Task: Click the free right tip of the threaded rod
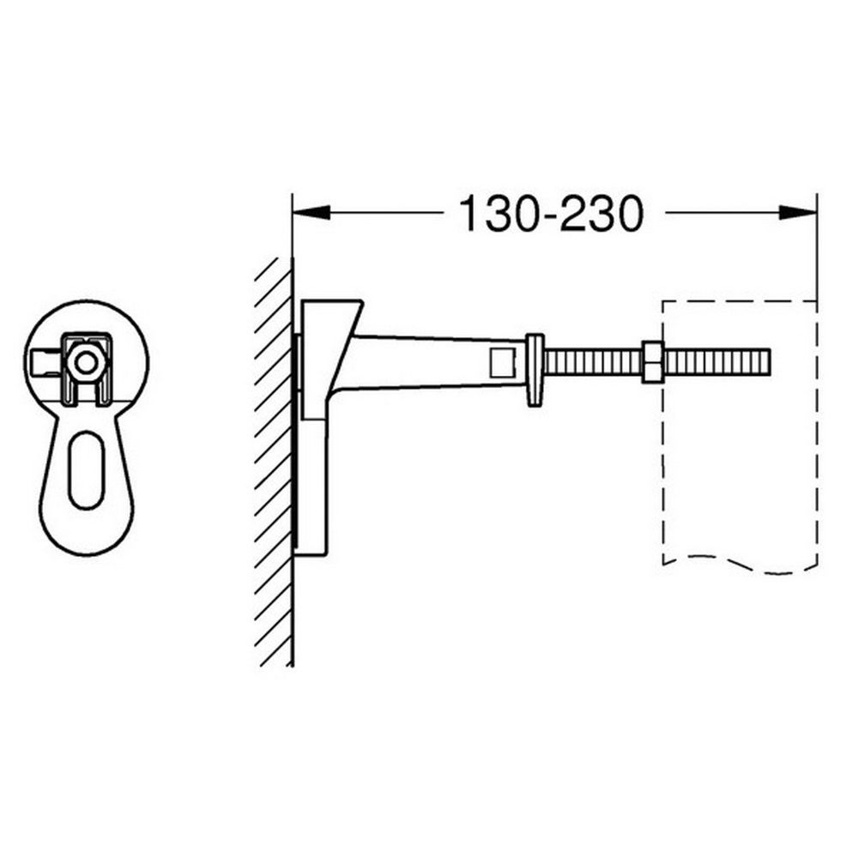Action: point(767,361)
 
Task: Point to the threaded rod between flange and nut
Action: point(592,361)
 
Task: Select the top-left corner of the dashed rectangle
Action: point(663,301)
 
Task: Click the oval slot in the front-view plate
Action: point(86,470)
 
